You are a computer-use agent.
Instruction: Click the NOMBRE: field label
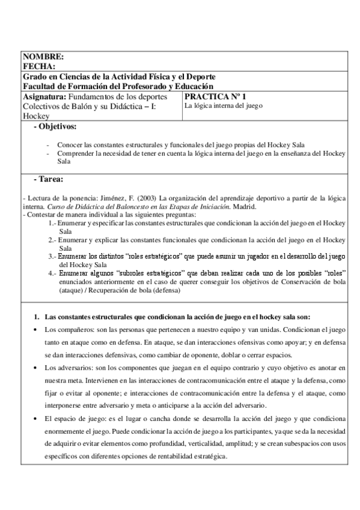coord(42,57)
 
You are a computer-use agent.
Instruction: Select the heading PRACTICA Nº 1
coord(215,96)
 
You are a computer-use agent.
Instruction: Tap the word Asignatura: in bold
coord(44,96)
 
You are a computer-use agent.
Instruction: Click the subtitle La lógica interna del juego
coord(224,106)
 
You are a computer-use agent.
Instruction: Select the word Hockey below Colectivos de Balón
coord(35,116)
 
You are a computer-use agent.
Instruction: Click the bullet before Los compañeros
coord(37,331)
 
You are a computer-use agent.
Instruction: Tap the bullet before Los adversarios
coord(37,366)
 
